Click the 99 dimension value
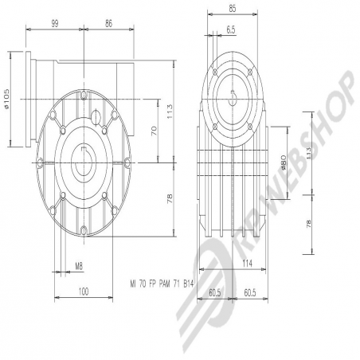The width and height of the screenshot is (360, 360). pos(55,24)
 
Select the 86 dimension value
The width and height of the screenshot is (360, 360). pos(109,24)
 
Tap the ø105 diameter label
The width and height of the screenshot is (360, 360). pos(7,99)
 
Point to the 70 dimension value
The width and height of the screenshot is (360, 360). pos(155,131)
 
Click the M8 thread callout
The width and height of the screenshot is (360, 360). pos(79,266)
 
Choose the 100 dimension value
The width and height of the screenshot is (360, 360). pos(84,292)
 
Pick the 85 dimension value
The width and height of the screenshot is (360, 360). pos(233,9)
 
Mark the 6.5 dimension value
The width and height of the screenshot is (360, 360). pos(231,29)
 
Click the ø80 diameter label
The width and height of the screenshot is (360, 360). pos(284,162)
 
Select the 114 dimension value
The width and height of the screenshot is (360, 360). pos(247,264)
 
